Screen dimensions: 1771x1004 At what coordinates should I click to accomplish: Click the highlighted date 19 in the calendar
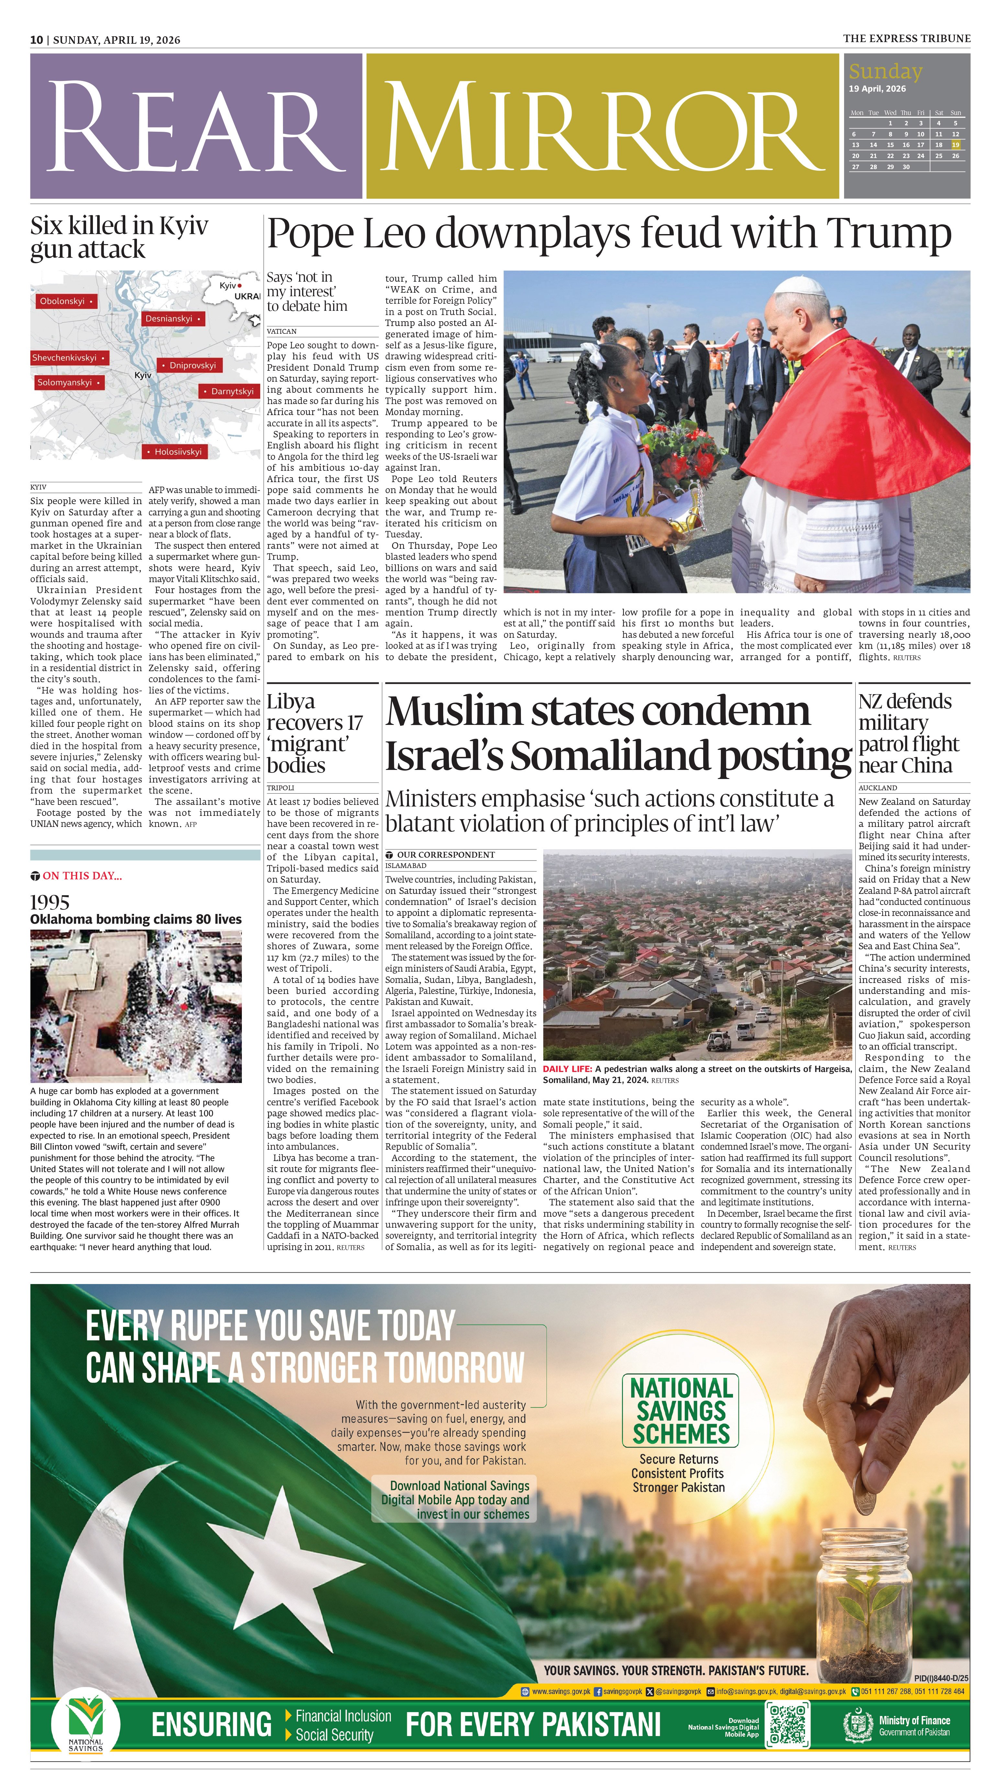[x=955, y=145]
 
